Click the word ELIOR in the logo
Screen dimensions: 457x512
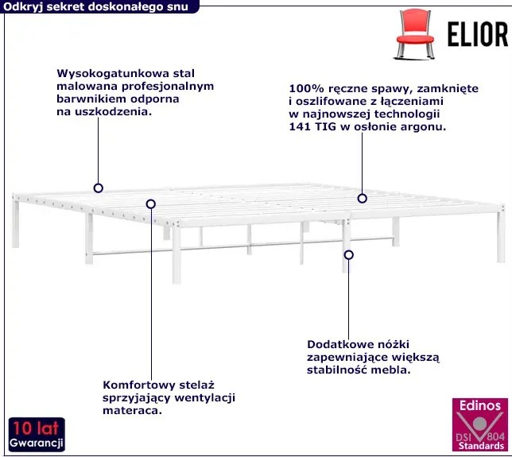pyautogui.click(x=475, y=34)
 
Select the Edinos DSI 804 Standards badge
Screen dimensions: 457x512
pyautogui.click(x=479, y=426)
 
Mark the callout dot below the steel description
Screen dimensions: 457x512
pyautogui.click(x=99, y=188)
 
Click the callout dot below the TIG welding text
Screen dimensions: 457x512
pyautogui.click(x=362, y=198)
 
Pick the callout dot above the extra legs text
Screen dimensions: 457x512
pyautogui.click(x=348, y=255)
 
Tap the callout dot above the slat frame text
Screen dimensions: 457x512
pyautogui.click(x=149, y=203)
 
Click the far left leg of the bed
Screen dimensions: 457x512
pyautogui.click(x=16, y=225)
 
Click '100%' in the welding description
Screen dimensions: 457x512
pyautogui.click(x=304, y=89)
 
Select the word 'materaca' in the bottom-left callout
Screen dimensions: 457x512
pyautogui.click(x=131, y=412)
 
